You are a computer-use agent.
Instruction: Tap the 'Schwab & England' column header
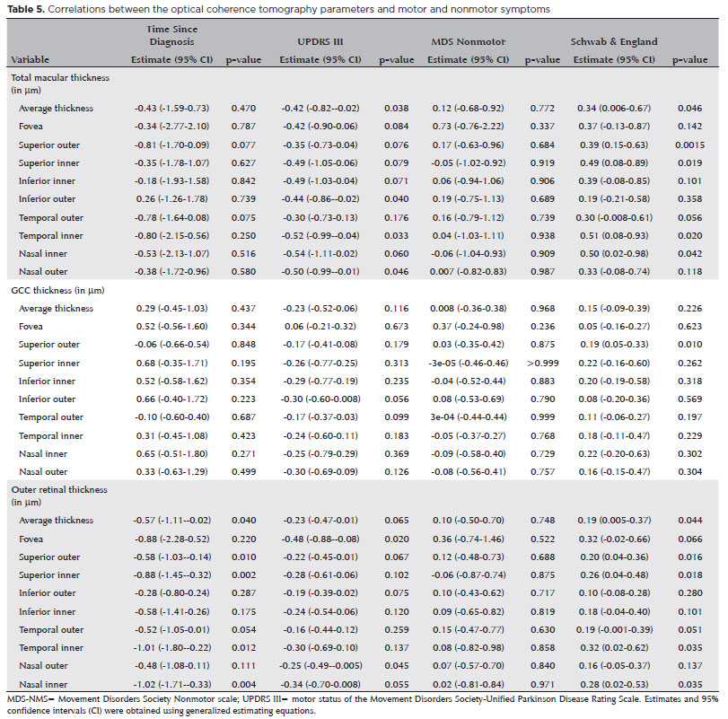pyautogui.click(x=614, y=42)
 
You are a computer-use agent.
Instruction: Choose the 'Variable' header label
pyautogui.click(x=30, y=59)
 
